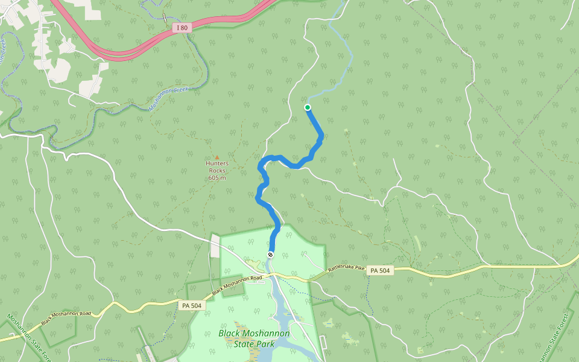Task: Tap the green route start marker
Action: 308,107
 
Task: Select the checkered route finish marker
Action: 270,255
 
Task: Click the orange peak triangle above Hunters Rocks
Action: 217,157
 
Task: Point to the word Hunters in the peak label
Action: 217,163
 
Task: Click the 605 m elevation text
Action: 217,177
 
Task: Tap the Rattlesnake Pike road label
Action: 346,267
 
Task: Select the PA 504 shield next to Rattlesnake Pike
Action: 380,271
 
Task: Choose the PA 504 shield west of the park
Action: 192,305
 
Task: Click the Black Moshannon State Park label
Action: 254,338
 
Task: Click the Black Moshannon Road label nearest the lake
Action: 239,285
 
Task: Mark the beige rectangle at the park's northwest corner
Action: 215,246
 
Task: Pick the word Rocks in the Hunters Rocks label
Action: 217,170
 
